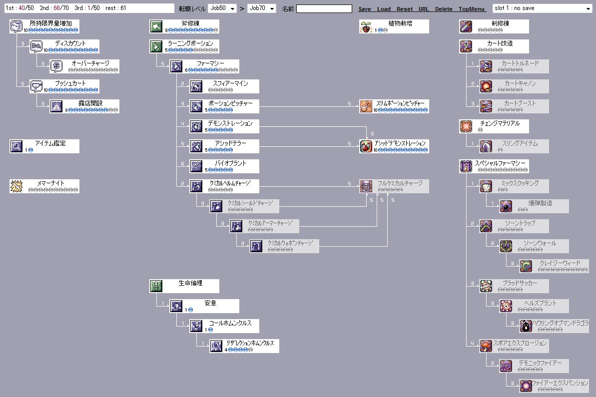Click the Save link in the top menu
pos(365,9)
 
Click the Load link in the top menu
pos(384,9)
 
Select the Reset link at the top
pos(405,9)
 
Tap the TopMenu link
pos(472,9)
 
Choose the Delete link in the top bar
pos(444,9)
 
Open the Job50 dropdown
pos(222,8)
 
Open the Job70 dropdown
pos(262,8)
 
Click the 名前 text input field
pos(324,8)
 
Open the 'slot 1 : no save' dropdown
pos(542,8)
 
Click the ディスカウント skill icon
pos(36,46)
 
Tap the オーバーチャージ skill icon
pos(56,66)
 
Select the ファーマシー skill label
pos(210,63)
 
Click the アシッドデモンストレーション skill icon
pos(366,146)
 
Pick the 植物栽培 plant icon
pos(366,26)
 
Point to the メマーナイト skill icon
pos(16,186)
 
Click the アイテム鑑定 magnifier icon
pos(16,146)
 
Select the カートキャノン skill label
pos(520,83)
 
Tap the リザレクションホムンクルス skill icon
pos(216,346)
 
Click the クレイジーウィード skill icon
pos(526,266)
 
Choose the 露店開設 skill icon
pos(56,106)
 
